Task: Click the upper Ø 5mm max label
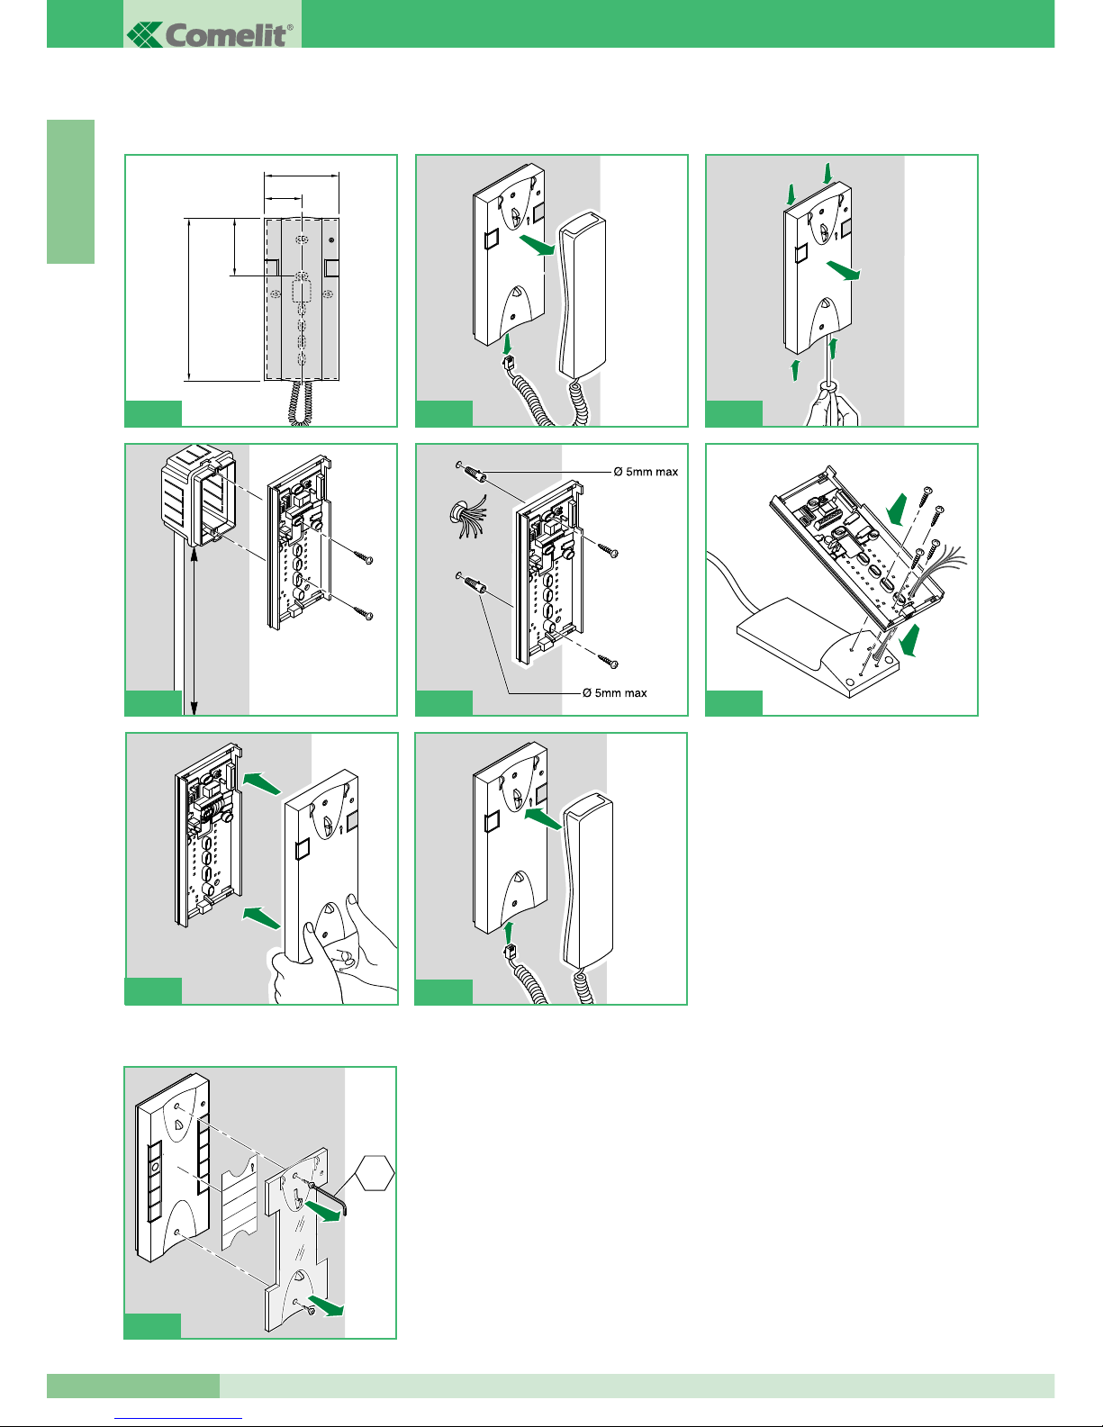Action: (x=646, y=472)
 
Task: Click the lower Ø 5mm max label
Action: (x=614, y=693)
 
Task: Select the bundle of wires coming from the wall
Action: (x=463, y=521)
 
